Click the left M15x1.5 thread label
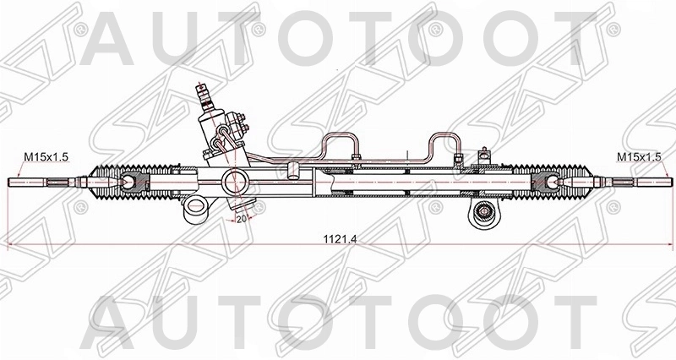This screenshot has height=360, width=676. [x=45, y=157]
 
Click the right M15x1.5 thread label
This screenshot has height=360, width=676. [x=638, y=157]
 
